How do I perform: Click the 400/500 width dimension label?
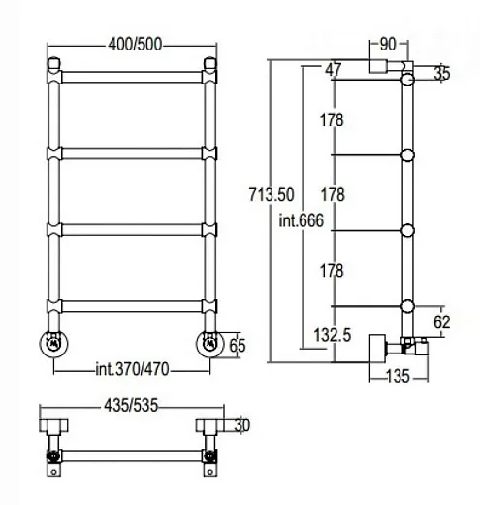tap(135, 45)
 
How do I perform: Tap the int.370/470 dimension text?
tap(132, 369)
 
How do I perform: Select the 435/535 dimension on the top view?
tap(131, 405)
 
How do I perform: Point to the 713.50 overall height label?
tap(272, 195)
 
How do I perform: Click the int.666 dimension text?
tap(302, 220)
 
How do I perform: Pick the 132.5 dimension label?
tap(333, 335)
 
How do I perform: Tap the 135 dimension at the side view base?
tap(398, 376)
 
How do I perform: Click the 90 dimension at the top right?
tap(388, 45)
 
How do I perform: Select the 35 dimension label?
tap(442, 73)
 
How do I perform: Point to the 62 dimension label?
tap(442, 322)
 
